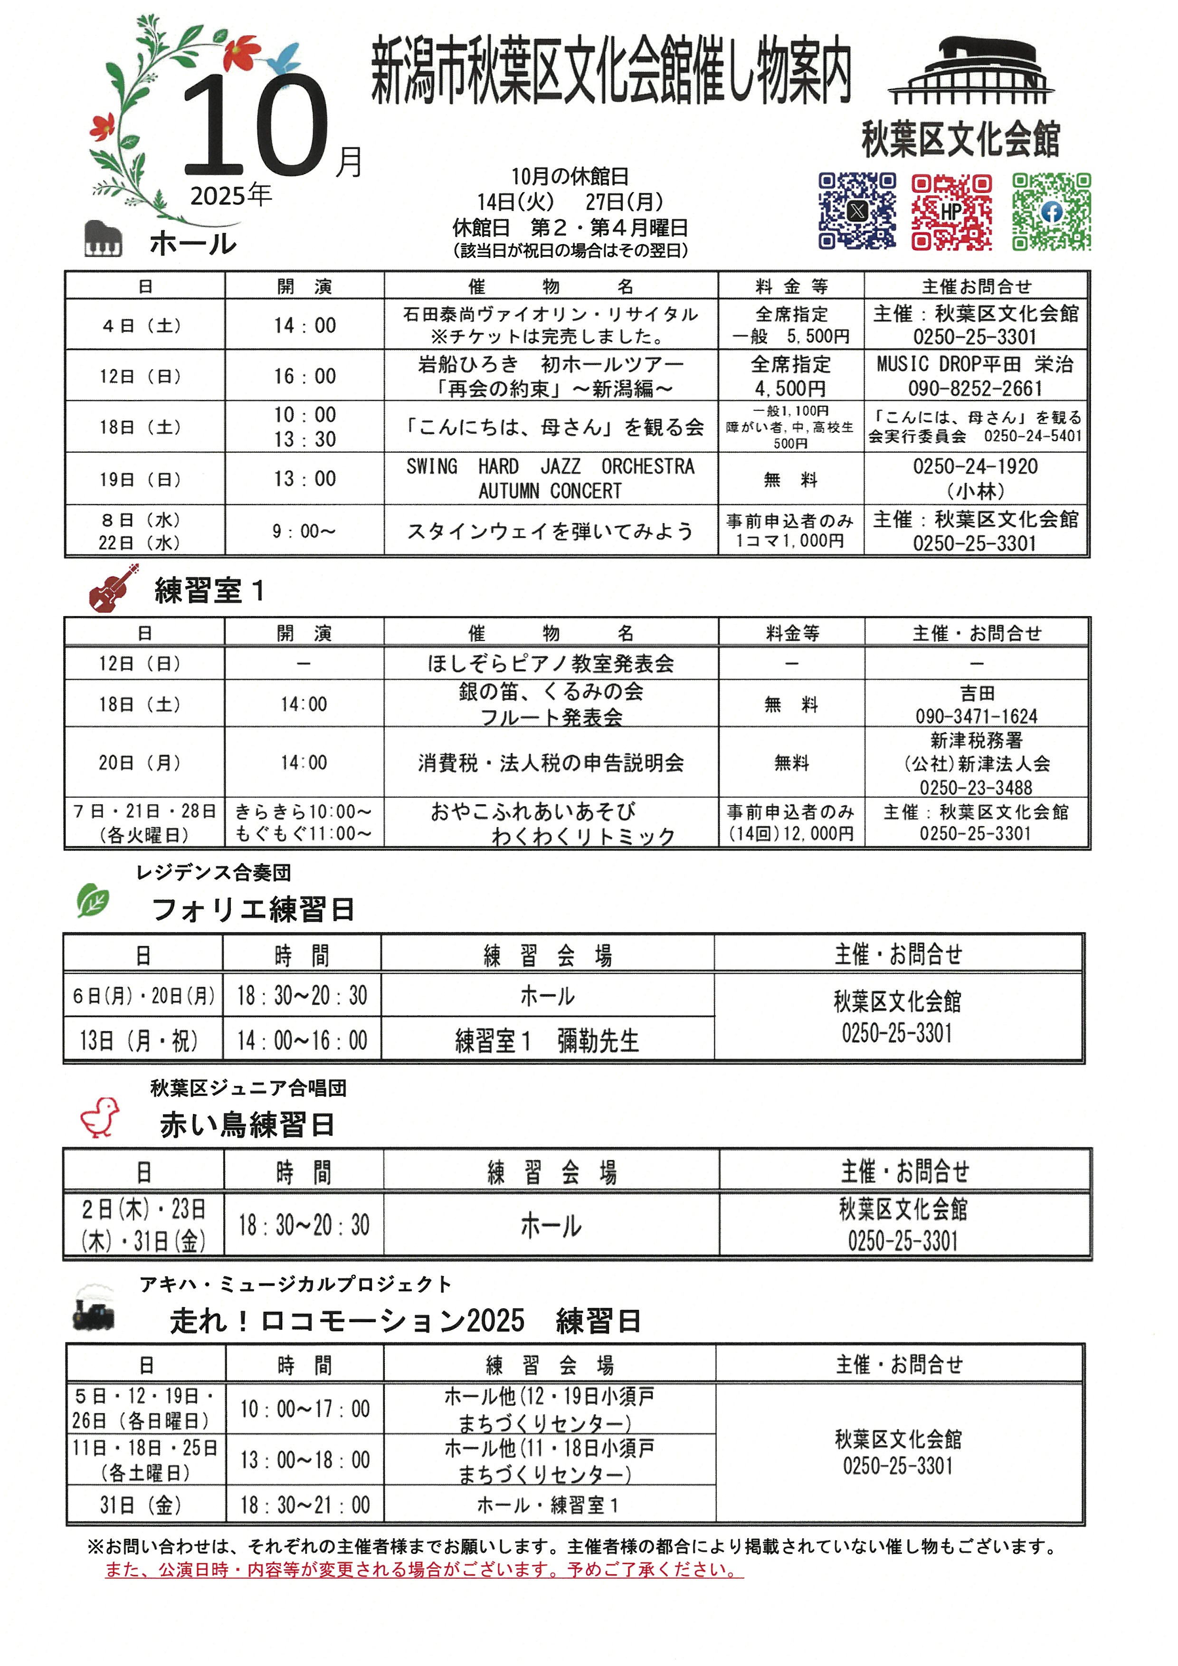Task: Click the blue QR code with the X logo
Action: click(857, 211)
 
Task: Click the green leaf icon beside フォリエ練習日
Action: click(93, 901)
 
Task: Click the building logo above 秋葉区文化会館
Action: click(970, 72)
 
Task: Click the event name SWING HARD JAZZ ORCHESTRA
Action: click(550, 466)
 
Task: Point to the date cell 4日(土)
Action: click(143, 326)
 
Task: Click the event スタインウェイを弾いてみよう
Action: click(550, 531)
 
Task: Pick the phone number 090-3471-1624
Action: click(976, 716)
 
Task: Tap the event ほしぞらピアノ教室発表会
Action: click(550, 663)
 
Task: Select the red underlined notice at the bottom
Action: click(424, 1570)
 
